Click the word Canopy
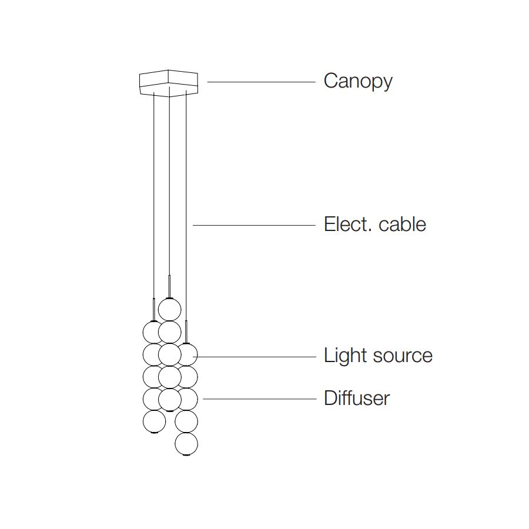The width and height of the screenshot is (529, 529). tap(357, 81)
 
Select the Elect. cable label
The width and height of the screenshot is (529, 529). tap(374, 225)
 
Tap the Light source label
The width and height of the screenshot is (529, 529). tap(378, 356)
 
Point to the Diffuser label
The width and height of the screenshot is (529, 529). tap(356, 399)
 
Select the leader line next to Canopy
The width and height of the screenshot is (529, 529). tap(261, 82)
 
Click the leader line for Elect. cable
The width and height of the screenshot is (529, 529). tap(254, 225)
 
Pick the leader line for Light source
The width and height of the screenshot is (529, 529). tap(259, 357)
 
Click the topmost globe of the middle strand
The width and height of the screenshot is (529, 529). tap(170, 309)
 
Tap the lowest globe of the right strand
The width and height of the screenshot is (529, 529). tap(186, 444)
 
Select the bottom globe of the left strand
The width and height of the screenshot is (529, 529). tap(154, 421)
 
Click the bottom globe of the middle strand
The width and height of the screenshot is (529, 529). tap(170, 400)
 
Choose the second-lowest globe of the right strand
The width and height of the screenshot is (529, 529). tap(187, 421)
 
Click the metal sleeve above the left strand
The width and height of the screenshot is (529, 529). tap(154, 309)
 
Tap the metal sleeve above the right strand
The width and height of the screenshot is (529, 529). tap(186, 332)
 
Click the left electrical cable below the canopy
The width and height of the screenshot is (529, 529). tap(154, 194)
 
